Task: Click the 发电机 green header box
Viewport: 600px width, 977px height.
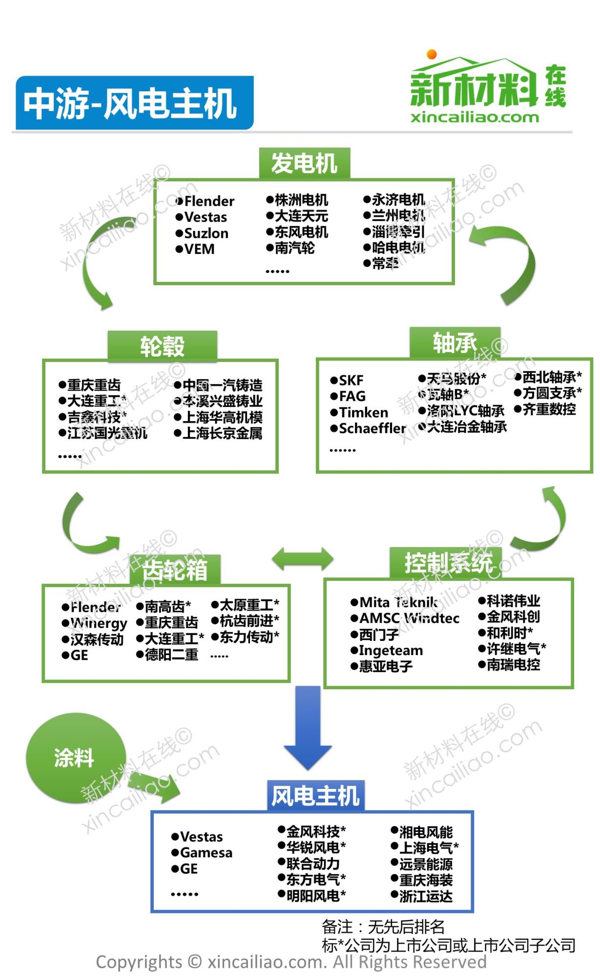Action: pyautogui.click(x=304, y=163)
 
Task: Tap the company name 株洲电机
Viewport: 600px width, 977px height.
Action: pyautogui.click(x=301, y=200)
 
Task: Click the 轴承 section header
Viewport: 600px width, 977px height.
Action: pyautogui.click(x=455, y=342)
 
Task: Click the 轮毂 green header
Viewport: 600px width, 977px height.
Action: pyautogui.click(x=162, y=346)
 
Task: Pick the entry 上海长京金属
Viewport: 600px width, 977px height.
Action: pyautogui.click(x=222, y=433)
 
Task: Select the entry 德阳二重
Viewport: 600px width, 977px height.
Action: pyautogui.click(x=171, y=654)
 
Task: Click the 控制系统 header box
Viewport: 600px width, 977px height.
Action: pyautogui.click(x=448, y=563)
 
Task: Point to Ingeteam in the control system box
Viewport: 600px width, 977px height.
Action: pyautogui.click(x=391, y=650)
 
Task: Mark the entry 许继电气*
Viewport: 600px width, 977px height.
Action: pyautogui.click(x=516, y=649)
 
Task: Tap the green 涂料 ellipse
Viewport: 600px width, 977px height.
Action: pyautogui.click(x=75, y=758)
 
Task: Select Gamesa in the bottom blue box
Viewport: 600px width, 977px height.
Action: pyautogui.click(x=206, y=852)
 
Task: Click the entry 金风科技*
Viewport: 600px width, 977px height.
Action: pyautogui.click(x=315, y=831)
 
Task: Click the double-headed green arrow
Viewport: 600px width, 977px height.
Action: pyautogui.click(x=303, y=558)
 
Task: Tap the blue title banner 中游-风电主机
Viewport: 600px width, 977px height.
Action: pyautogui.click(x=134, y=103)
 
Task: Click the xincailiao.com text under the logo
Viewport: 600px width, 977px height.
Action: pyautogui.click(x=475, y=117)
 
